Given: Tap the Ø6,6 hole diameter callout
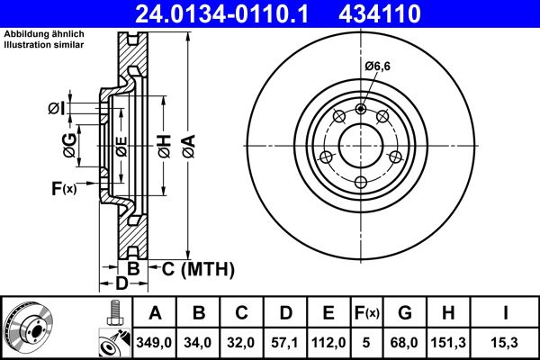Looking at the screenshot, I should [x=378, y=67].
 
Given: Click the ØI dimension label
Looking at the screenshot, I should [x=57, y=110].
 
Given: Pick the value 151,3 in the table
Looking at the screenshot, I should [x=449, y=343].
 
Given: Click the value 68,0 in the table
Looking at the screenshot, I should [x=405, y=343].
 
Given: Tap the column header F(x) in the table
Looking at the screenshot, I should [x=366, y=314].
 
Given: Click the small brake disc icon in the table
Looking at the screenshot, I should [x=28, y=328].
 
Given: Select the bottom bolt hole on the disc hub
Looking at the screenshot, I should [x=360, y=184].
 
